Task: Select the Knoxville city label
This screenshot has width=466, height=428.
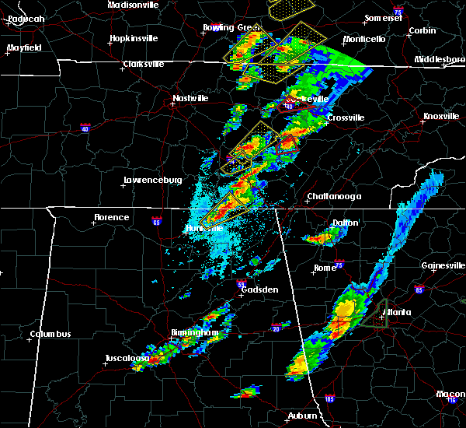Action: click(x=440, y=117)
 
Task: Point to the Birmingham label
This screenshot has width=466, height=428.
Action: click(x=195, y=332)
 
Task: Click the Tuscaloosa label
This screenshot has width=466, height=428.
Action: click(x=127, y=358)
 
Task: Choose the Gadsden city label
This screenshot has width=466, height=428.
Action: click(x=259, y=289)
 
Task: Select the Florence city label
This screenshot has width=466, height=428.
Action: click(x=111, y=217)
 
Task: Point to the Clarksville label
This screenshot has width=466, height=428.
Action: click(x=144, y=64)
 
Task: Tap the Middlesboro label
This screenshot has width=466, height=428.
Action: click(x=439, y=59)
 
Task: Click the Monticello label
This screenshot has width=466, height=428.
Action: click(x=363, y=39)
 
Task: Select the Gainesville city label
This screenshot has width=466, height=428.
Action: click(x=442, y=265)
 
